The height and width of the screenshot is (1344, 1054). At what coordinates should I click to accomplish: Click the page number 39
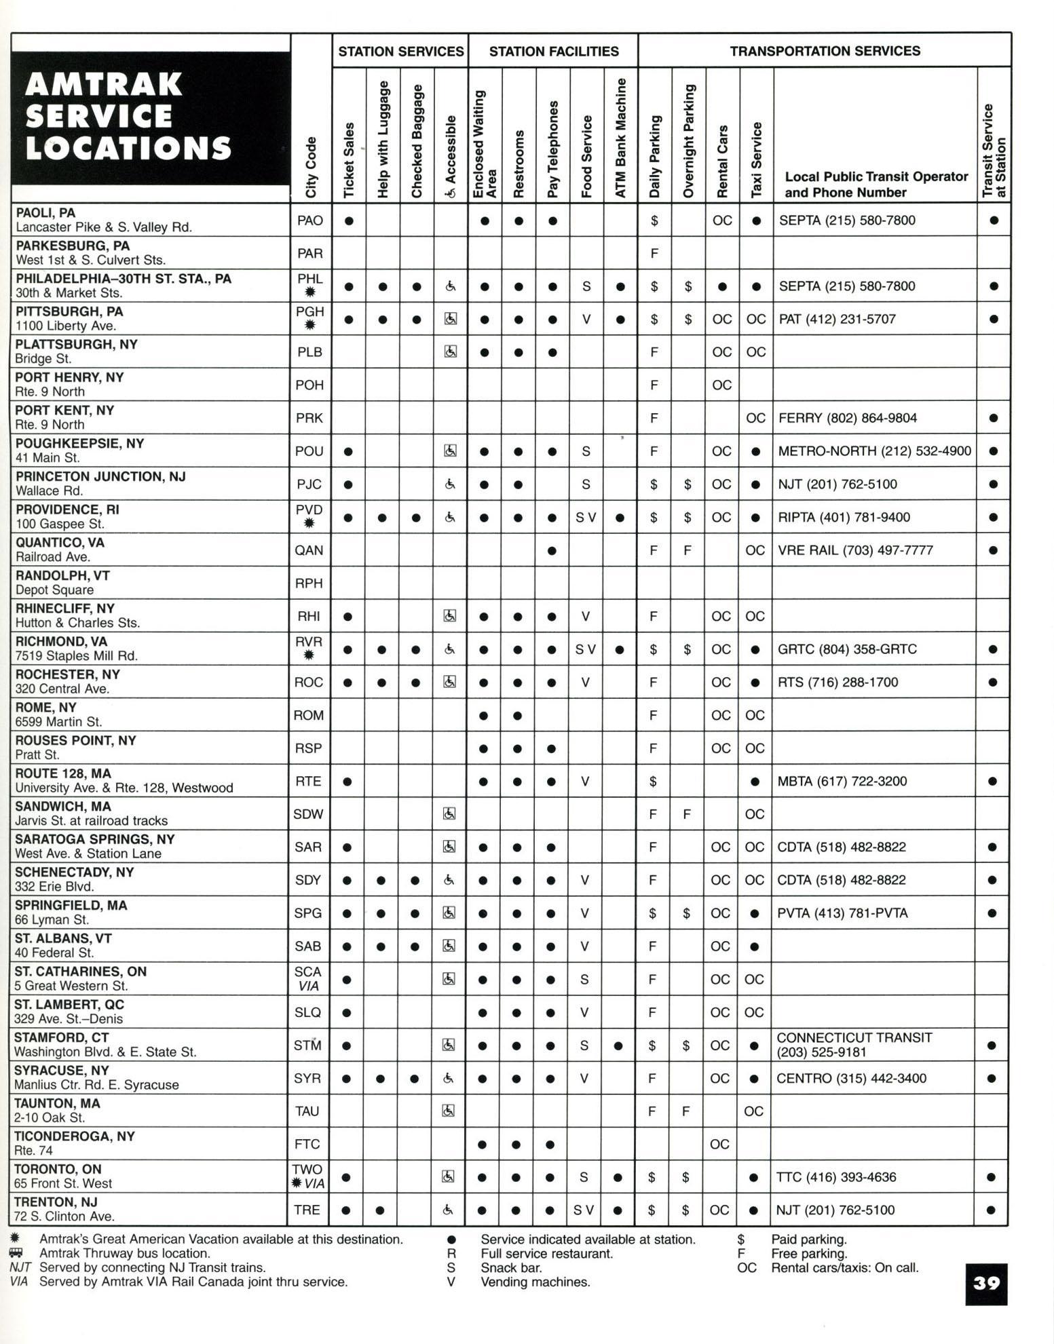point(986,1283)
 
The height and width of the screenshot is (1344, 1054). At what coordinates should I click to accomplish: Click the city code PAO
point(310,220)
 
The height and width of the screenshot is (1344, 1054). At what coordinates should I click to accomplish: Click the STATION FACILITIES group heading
point(554,52)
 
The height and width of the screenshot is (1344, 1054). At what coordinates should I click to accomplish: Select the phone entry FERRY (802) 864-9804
point(848,418)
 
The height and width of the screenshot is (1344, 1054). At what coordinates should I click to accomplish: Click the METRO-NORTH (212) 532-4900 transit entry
point(875,451)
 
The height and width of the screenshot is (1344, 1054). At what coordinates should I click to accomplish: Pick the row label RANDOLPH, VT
point(62,575)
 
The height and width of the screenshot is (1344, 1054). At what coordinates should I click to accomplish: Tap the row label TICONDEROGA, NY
point(75,1136)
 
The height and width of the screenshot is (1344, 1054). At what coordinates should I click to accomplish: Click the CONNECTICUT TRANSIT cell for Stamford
point(854,1044)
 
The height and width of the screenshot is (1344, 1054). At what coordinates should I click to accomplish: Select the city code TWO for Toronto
point(307,1169)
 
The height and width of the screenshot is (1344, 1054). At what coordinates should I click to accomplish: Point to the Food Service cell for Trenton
point(584,1210)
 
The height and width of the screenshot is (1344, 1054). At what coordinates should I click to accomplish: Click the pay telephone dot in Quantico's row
point(552,550)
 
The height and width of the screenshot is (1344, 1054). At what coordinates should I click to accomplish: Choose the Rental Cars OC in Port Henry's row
point(721,385)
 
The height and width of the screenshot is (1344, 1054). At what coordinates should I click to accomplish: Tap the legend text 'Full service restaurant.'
point(546,1253)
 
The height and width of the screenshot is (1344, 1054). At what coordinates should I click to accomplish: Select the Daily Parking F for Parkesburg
point(654,254)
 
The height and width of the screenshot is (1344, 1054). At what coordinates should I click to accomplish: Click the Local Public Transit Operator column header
point(876,184)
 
